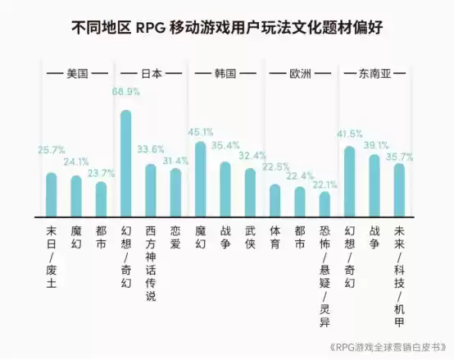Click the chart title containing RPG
(226, 29)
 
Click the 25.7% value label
(52, 150)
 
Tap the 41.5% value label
(349, 133)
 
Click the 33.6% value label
(150, 149)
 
